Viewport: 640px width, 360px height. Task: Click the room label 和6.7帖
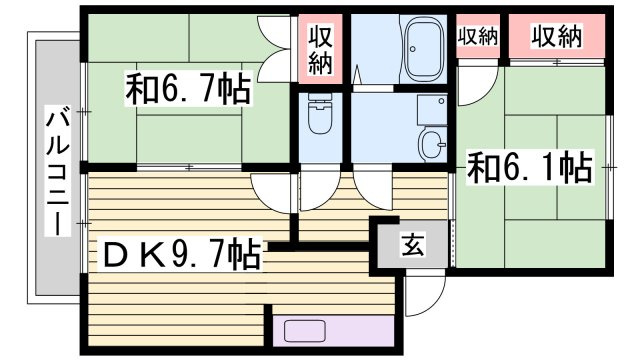(x=188, y=92)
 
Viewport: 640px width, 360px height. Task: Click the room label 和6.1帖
(x=529, y=166)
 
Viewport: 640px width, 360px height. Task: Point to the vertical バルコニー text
(x=54, y=176)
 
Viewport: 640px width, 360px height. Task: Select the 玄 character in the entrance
(x=412, y=244)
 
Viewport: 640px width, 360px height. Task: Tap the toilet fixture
(x=321, y=118)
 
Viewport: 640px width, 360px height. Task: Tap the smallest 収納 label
(x=478, y=37)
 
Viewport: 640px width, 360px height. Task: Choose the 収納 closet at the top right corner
(x=557, y=37)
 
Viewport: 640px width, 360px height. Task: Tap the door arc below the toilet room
(x=318, y=186)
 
